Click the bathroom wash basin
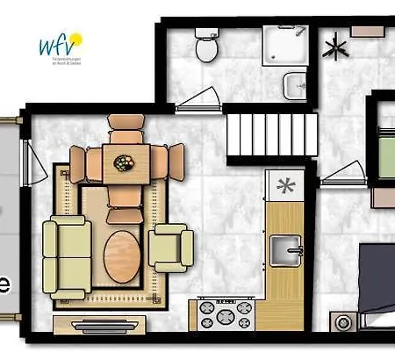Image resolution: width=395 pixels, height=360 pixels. click(x=294, y=85)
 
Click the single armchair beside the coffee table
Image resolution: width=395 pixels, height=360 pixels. click(x=170, y=248)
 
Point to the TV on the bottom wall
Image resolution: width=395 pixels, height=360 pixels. click(x=90, y=324)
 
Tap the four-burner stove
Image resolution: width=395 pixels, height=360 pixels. click(x=224, y=313)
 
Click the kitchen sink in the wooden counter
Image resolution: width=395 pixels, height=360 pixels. click(x=285, y=249)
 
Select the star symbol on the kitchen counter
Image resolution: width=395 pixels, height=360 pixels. click(x=284, y=185)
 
